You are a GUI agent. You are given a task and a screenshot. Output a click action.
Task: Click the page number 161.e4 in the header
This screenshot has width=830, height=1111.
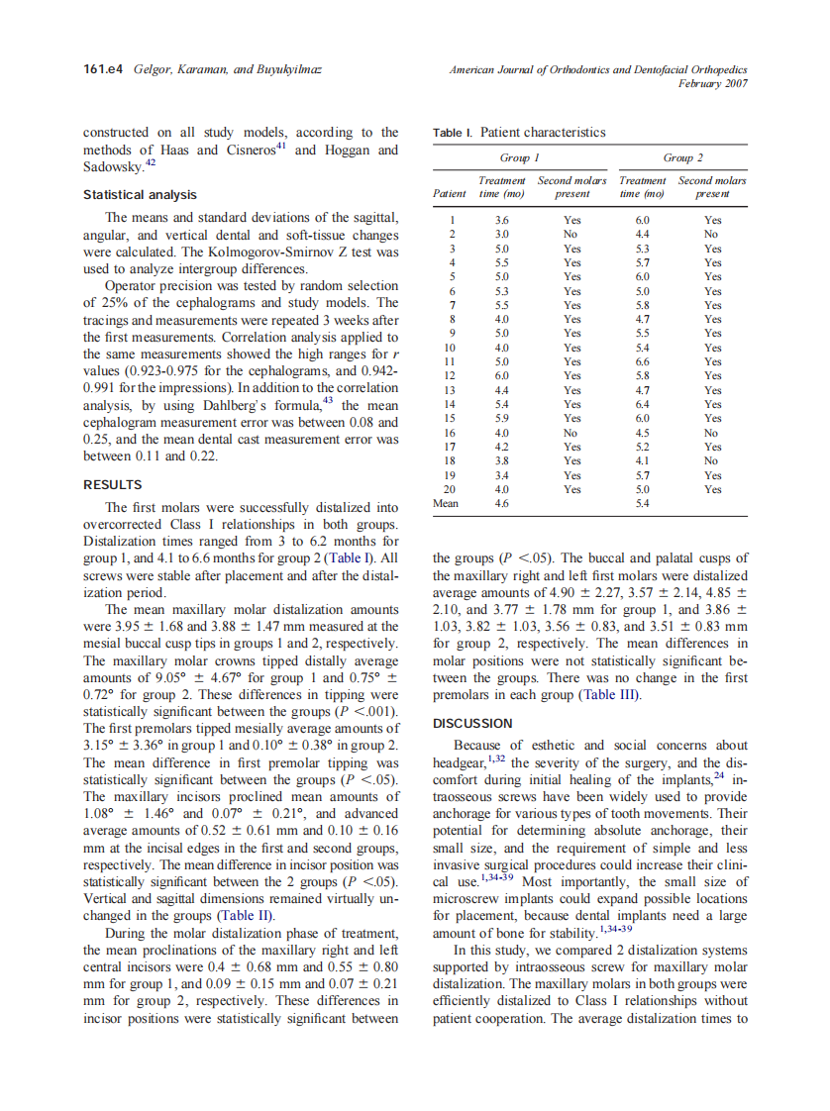coord(102,69)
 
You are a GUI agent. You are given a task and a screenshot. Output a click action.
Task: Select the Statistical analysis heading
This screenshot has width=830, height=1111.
coord(140,195)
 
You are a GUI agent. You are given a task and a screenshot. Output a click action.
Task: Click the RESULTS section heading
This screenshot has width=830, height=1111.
coord(112,485)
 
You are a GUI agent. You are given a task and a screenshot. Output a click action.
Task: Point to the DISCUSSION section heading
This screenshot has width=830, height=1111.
coord(473,723)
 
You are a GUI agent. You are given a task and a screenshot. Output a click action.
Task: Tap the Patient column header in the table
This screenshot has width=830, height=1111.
coord(451,194)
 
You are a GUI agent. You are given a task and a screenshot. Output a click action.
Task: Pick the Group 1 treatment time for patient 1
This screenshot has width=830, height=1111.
coord(501,221)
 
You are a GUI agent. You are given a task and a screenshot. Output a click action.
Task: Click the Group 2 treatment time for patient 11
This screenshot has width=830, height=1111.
coord(642,362)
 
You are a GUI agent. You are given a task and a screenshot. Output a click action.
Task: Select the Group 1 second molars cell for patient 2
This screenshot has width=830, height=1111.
coord(571,235)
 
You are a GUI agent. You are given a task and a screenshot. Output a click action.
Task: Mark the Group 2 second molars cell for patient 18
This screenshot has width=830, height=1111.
coord(711,461)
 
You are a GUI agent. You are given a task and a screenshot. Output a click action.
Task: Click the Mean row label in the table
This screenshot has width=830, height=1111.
coord(446,504)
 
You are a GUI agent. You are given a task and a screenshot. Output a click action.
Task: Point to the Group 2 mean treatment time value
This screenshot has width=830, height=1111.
coord(642,504)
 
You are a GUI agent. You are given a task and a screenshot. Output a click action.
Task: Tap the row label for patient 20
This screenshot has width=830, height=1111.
coord(451,489)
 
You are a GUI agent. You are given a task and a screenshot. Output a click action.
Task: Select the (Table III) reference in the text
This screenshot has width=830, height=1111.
coord(609,695)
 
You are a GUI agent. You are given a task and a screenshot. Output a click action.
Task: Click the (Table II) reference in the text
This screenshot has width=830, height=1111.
coord(241,917)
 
